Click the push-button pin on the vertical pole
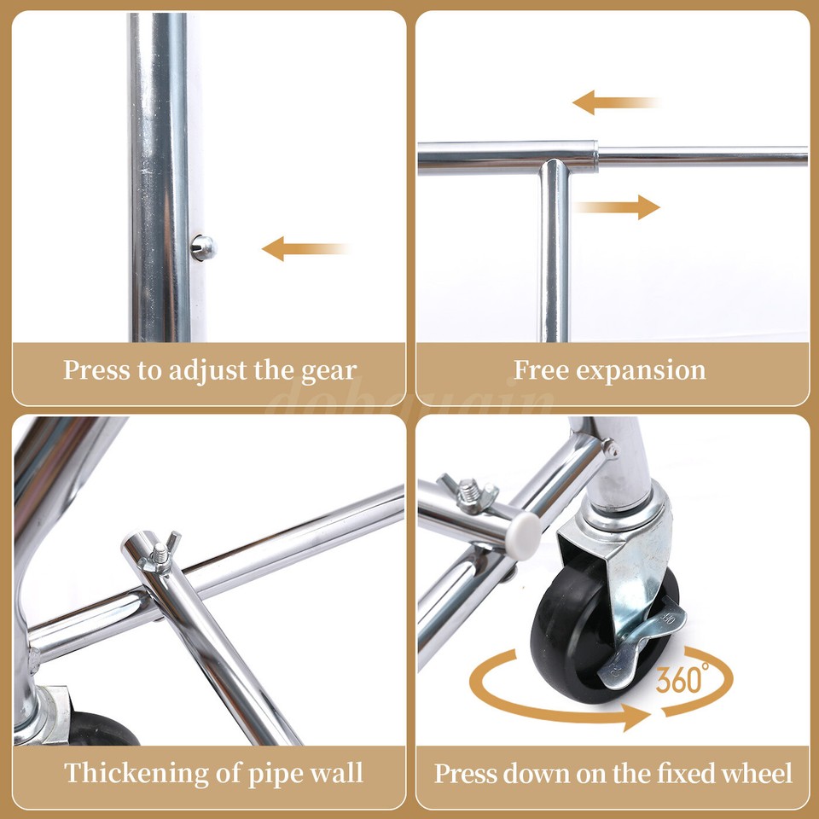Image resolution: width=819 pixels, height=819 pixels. [203, 247]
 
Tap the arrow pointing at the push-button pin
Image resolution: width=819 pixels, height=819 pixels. [303, 249]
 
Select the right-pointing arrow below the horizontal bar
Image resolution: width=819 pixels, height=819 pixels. [618, 206]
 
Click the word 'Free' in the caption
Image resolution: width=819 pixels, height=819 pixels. [541, 370]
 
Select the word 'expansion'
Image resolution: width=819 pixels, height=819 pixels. [641, 371]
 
